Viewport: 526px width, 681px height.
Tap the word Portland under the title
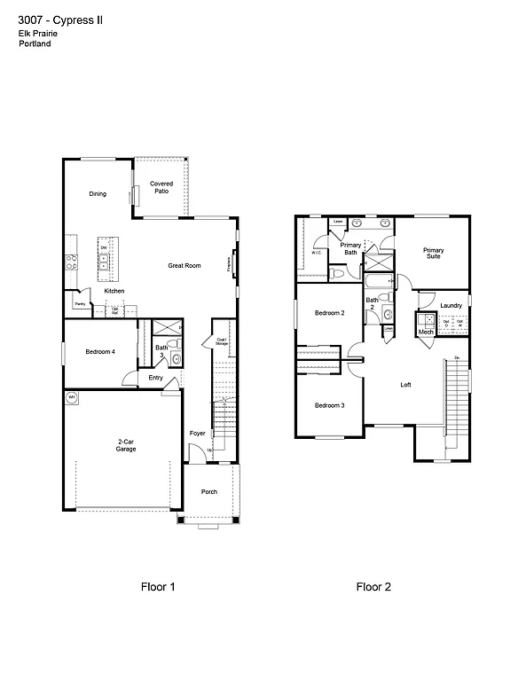34,43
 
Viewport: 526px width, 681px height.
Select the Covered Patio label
161,187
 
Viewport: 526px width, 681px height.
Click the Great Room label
184,265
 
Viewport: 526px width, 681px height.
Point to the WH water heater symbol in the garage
71,397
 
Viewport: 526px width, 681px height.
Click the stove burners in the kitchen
69,262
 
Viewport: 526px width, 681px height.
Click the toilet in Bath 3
176,359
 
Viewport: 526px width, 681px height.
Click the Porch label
209,491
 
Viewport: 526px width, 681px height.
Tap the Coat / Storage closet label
220,341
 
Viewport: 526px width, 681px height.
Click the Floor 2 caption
373,586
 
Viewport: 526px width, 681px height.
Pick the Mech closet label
426,333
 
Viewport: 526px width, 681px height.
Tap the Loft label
405,384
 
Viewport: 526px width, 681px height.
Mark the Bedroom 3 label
329,405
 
